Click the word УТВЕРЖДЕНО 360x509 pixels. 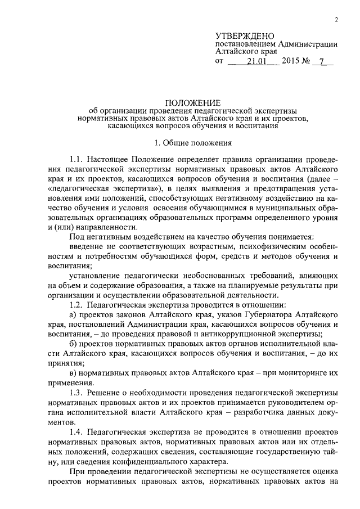click(x=244, y=35)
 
